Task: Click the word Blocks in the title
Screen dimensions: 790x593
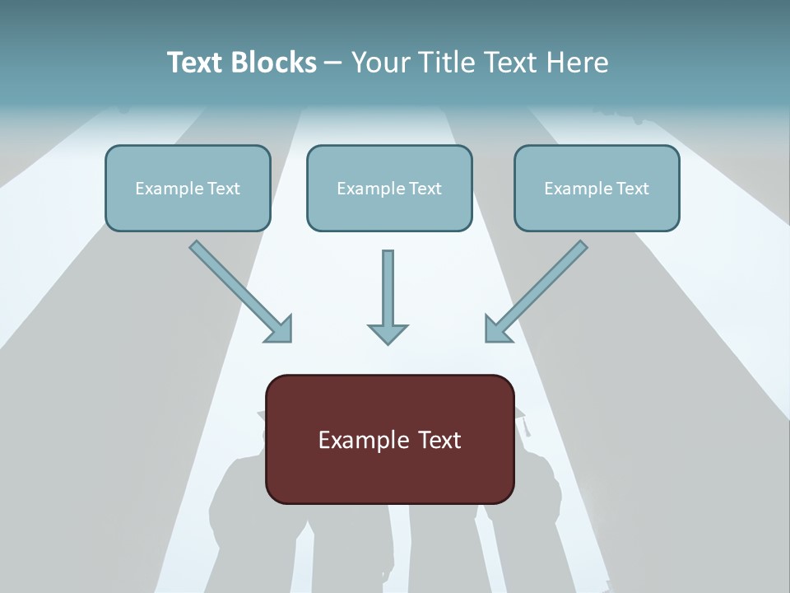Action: click(274, 62)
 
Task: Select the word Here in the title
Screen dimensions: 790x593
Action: click(578, 62)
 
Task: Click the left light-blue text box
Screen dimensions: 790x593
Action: click(188, 188)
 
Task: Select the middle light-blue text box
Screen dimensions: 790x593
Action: click(389, 188)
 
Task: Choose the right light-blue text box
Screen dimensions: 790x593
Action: click(597, 188)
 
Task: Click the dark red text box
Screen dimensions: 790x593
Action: click(390, 439)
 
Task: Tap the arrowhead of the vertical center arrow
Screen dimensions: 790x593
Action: click(388, 334)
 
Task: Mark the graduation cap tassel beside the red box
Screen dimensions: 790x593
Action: click(526, 427)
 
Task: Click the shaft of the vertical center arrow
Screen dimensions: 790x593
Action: click(388, 287)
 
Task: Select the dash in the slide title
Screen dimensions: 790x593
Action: click(333, 64)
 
